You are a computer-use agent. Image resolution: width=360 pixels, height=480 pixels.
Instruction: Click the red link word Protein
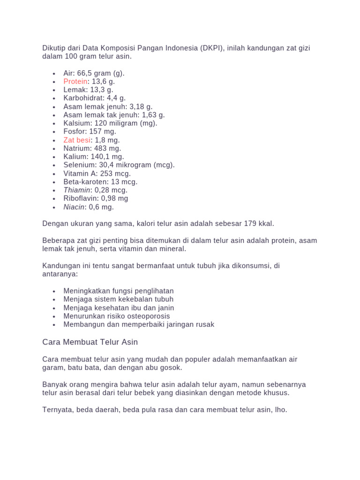(x=75, y=82)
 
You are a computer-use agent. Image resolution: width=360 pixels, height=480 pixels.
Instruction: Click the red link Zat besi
(x=77, y=140)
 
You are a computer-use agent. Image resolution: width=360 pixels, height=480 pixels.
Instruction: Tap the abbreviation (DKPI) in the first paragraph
(x=211, y=48)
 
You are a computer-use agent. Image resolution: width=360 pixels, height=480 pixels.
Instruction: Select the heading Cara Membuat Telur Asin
(x=90, y=342)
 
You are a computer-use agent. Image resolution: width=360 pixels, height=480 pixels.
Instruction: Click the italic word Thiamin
(x=77, y=190)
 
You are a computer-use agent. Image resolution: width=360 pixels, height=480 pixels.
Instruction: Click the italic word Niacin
(x=74, y=207)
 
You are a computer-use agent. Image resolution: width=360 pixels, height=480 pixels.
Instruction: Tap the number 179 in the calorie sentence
(x=244, y=224)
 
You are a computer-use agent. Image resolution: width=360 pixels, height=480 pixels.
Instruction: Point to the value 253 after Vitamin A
(x=107, y=173)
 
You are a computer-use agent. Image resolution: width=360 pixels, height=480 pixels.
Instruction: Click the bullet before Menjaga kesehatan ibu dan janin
(x=54, y=308)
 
